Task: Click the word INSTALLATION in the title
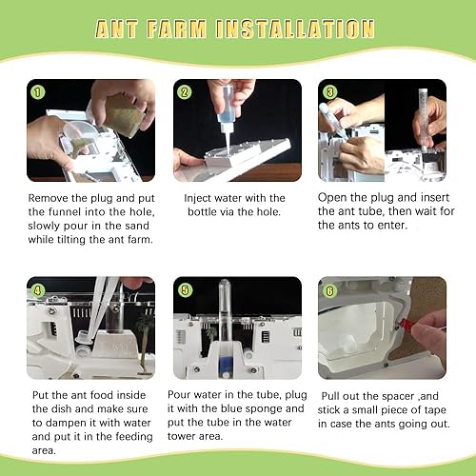(295, 29)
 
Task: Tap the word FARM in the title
(176, 29)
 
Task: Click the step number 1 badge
(38, 92)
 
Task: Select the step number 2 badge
(184, 92)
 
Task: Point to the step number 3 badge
(329, 92)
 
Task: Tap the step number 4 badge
(38, 290)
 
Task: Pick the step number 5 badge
(185, 290)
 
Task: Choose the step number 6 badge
(329, 290)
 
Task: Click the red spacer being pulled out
(406, 324)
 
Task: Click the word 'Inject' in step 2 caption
(198, 199)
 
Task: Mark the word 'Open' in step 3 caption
(332, 198)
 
